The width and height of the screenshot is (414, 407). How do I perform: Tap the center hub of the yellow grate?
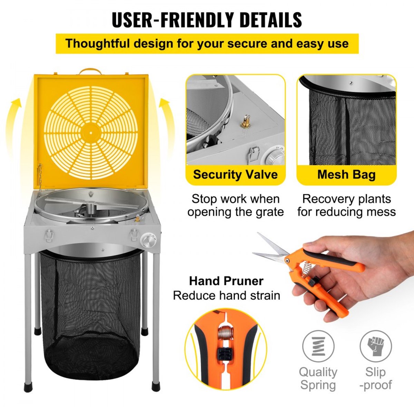click(91, 133)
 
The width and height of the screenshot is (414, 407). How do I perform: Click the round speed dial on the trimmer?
click(147, 240)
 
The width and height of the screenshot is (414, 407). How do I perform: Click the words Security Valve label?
click(235, 174)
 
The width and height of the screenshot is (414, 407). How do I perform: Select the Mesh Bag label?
click(346, 174)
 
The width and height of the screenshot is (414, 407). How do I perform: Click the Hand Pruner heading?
click(226, 281)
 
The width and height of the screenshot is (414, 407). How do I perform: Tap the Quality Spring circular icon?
click(318, 346)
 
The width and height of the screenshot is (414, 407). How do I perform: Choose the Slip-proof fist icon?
click(376, 346)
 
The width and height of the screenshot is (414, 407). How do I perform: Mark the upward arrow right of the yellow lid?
click(168, 124)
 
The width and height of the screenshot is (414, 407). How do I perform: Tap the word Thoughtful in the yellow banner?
click(98, 43)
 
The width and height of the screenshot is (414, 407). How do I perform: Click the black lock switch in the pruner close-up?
click(225, 354)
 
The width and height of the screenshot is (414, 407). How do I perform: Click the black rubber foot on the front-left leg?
click(28, 392)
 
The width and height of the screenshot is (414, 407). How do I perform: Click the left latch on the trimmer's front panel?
click(49, 235)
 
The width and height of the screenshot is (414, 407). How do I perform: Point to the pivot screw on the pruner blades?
click(288, 261)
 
